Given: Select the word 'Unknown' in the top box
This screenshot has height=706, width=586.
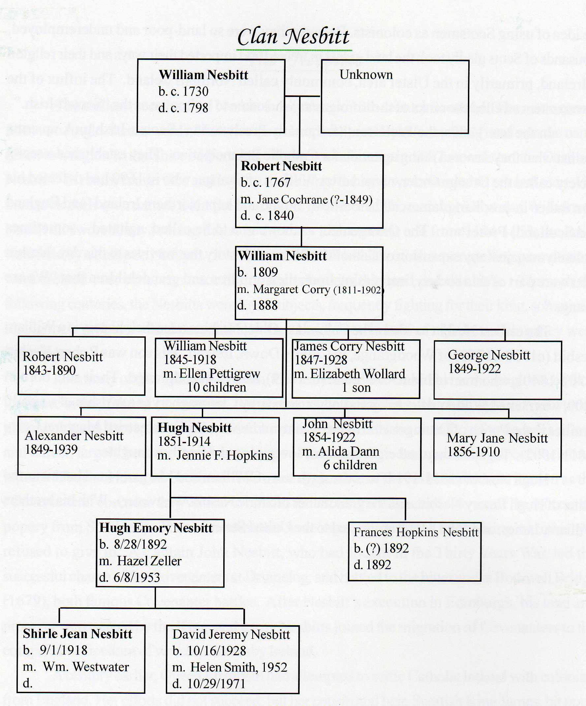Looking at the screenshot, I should [366, 75].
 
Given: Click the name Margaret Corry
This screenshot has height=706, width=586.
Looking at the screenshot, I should [292, 289].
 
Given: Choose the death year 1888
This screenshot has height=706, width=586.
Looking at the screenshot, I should [264, 305].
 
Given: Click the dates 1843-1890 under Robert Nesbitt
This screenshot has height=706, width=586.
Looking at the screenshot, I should [49, 371].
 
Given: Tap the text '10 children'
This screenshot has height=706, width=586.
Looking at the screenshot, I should [217, 387].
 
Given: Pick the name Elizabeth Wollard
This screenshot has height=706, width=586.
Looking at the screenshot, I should [357, 374].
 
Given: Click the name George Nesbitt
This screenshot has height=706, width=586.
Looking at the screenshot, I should [489, 355].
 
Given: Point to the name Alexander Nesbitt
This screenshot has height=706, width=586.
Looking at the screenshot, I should [74, 436].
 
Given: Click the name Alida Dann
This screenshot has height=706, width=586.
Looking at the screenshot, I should [348, 451].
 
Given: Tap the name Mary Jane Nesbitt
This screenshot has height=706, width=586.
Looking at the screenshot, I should [497, 438].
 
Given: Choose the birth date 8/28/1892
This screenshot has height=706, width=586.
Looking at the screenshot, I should [140, 544].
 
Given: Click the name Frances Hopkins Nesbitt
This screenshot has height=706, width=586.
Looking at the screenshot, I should [416, 532].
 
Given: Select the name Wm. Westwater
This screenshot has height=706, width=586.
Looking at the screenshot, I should [86, 667].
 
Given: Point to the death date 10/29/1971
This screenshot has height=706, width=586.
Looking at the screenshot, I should [216, 684].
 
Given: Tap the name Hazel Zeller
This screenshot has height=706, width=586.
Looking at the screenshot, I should [149, 561].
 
